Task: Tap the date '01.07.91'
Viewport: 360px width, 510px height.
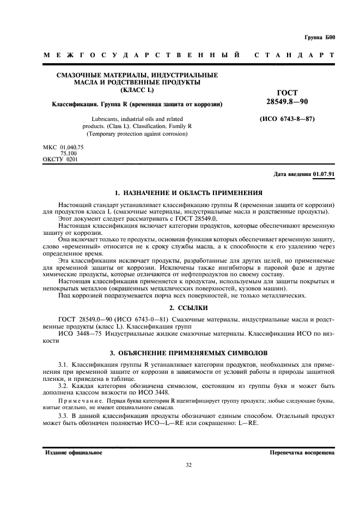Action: (325, 174)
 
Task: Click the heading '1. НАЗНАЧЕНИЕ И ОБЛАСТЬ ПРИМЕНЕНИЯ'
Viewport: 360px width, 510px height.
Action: (180, 192)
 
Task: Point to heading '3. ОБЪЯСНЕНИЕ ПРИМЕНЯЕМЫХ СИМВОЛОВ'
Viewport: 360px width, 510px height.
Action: (180, 352)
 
